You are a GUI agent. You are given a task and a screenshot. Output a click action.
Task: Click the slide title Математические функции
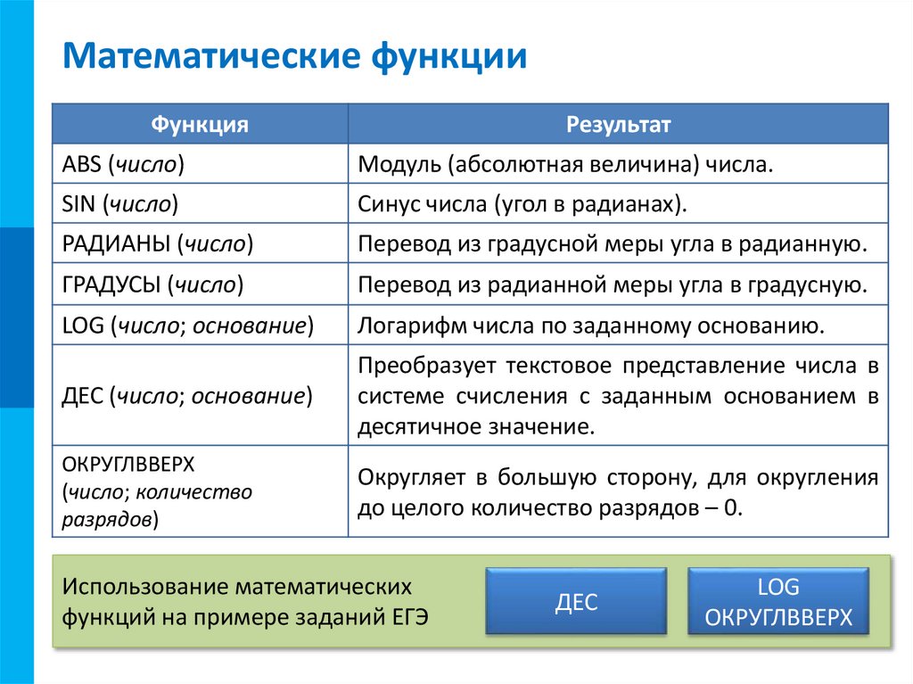click(294, 57)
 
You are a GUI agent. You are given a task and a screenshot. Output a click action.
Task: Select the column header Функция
click(199, 124)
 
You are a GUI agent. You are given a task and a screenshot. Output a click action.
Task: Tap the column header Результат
click(618, 124)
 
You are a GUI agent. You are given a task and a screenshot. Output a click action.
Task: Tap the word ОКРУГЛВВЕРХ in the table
click(127, 466)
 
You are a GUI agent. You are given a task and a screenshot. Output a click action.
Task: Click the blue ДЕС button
click(576, 602)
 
